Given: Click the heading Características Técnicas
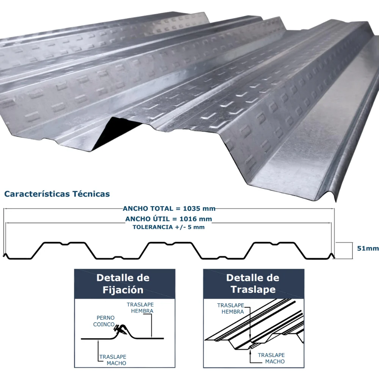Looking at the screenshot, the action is pyautogui.click(x=57, y=194).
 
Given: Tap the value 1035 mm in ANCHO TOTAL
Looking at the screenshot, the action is pyautogui.click(x=199, y=208).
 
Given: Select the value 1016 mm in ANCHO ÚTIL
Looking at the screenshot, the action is pyautogui.click(x=196, y=219).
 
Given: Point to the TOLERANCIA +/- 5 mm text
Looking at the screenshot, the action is pyautogui.click(x=169, y=227).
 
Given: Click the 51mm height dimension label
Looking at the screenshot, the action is pyautogui.click(x=368, y=248).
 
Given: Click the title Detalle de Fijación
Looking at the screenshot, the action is pyautogui.click(x=123, y=283).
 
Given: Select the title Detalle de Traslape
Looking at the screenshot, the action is pyautogui.click(x=253, y=283).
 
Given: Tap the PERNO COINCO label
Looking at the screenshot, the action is pyautogui.click(x=104, y=321).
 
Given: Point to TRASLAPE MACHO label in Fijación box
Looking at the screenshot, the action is pyautogui.click(x=113, y=360).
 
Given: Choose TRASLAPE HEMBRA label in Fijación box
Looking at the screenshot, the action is pyautogui.click(x=140, y=308).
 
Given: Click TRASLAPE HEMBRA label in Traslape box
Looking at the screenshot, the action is pyautogui.click(x=230, y=309).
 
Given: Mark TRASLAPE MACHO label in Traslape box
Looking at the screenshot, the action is pyautogui.click(x=271, y=358).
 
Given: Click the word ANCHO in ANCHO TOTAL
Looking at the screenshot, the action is pyautogui.click(x=135, y=208).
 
